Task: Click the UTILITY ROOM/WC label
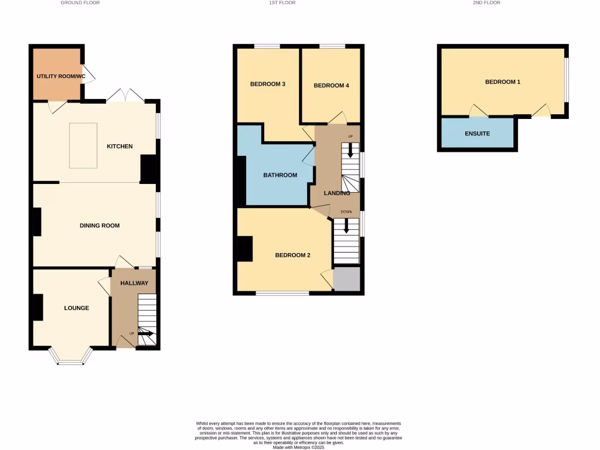pyautogui.click(x=61, y=76)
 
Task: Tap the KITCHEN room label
pyautogui.click(x=120, y=146)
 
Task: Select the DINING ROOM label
pyautogui.click(x=100, y=226)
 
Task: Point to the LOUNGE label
pyautogui.click(x=77, y=308)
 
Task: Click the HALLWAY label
pyautogui.click(x=134, y=284)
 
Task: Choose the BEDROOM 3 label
pyautogui.click(x=268, y=84)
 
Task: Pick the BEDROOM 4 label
pyautogui.click(x=331, y=86)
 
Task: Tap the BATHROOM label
pyautogui.click(x=280, y=175)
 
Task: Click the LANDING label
pyautogui.click(x=337, y=193)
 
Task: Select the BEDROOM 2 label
pyautogui.click(x=293, y=255)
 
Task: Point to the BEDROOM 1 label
pyautogui.click(x=503, y=82)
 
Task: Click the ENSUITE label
pyautogui.click(x=478, y=134)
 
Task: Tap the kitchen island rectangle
pyautogui.click(x=83, y=145)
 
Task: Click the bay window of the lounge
pyautogui.click(x=70, y=356)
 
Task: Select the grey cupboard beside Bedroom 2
pyautogui.click(x=346, y=278)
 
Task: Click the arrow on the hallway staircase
pyautogui.click(x=146, y=333)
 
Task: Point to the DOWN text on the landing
pyautogui.click(x=346, y=212)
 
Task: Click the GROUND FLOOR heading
pyautogui.click(x=80, y=3)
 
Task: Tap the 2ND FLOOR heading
pyautogui.click(x=486, y=3)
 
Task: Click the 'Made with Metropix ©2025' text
pyautogui.click(x=299, y=447)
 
